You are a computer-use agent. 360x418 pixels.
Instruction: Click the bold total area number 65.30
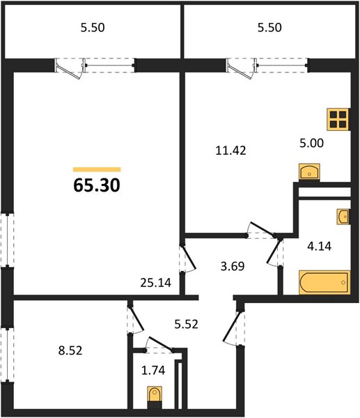click(97, 185)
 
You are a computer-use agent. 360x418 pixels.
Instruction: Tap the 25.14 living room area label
click(155, 283)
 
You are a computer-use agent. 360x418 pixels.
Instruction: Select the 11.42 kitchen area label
click(230, 151)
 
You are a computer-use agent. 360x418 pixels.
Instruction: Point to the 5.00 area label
click(311, 143)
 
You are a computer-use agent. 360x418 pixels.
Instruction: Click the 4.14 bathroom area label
click(319, 247)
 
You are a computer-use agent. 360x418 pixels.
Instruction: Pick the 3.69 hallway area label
click(233, 266)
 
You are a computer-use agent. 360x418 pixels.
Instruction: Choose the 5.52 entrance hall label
click(186, 325)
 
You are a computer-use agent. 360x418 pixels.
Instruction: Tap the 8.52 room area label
click(70, 350)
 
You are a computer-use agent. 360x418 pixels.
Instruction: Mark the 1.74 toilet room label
click(153, 371)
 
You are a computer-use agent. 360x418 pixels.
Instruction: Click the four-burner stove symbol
click(338, 119)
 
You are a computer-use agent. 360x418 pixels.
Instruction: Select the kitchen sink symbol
click(309, 172)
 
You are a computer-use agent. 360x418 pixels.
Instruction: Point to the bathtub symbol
click(324, 283)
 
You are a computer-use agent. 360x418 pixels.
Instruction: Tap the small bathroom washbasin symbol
click(343, 217)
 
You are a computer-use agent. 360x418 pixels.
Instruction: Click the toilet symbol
click(155, 396)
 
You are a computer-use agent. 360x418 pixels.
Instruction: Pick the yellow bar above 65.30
click(97, 169)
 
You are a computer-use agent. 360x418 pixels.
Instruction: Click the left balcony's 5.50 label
click(93, 28)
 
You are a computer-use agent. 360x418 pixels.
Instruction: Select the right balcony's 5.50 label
click(269, 28)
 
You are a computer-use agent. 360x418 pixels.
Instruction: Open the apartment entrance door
click(233, 327)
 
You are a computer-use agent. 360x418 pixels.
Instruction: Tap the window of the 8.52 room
click(8, 355)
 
